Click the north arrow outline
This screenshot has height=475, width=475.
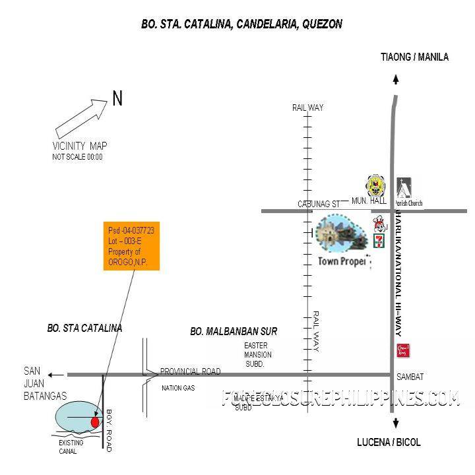click(x=81, y=117)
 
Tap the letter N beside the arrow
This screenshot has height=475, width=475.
click(x=117, y=99)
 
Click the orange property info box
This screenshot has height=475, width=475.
click(x=131, y=245)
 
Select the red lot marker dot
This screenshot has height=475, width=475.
click(x=94, y=422)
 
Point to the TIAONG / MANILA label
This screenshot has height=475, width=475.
click(x=414, y=57)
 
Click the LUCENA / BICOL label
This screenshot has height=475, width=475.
click(x=389, y=443)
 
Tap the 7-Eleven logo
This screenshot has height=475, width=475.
click(x=379, y=240)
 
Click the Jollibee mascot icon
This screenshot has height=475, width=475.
click(x=379, y=223)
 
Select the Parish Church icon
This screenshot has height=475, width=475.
click(x=404, y=187)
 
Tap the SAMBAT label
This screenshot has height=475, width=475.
click(x=410, y=377)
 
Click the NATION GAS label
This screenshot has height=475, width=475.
click(x=178, y=389)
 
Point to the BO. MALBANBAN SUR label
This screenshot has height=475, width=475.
click(x=234, y=331)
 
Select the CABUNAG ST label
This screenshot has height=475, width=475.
click(x=319, y=205)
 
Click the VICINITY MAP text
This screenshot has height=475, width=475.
click(x=79, y=146)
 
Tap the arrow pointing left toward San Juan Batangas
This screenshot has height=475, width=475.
click(x=57, y=375)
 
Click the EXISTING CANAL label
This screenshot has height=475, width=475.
click(x=71, y=447)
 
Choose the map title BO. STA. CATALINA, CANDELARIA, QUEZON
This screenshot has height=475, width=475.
click(x=241, y=24)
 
